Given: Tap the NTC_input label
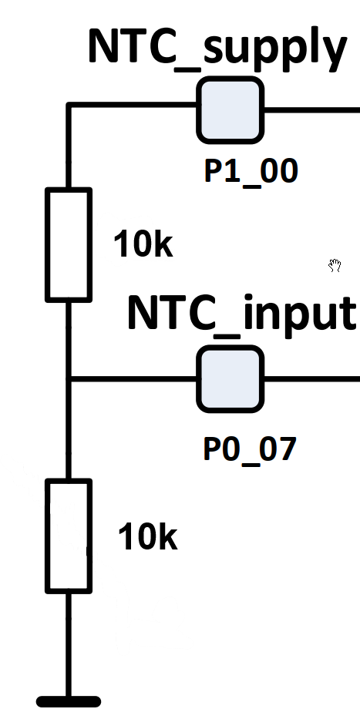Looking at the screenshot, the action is (241, 314).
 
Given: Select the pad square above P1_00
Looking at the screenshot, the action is (230, 110).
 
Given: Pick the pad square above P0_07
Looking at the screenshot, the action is (230, 379).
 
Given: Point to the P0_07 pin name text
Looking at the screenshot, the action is (250, 450).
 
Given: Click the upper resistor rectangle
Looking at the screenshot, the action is (69, 244).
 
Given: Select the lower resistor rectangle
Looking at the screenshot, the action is (69, 536).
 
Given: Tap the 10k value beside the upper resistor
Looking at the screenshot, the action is (143, 244).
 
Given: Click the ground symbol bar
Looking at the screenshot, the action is (69, 702).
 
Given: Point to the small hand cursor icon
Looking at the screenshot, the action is (335, 265).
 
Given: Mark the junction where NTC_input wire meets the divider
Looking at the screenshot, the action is (69, 379).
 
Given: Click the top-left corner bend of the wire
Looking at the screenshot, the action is (69, 105).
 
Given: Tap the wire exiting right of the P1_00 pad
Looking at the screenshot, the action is (312, 110).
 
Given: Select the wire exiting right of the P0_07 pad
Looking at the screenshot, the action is (312, 379).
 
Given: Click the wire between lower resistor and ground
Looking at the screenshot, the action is (69, 645).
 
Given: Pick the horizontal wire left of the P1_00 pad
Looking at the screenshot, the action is (133, 105).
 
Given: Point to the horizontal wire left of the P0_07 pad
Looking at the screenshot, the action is (133, 379).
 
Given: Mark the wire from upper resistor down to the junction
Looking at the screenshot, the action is (69, 341).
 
